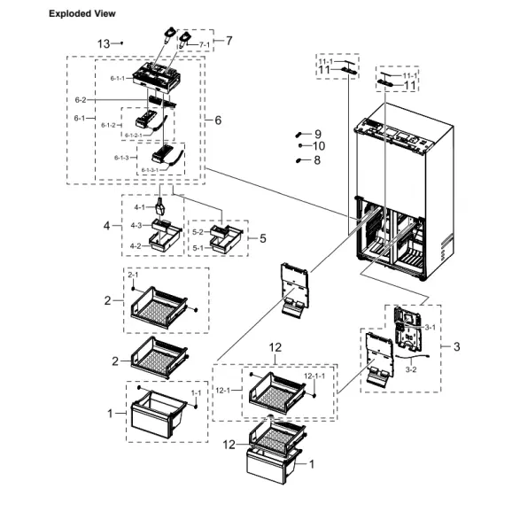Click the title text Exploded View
click(x=81, y=14)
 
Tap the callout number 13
click(x=104, y=43)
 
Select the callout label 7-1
click(x=204, y=44)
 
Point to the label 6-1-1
click(x=119, y=78)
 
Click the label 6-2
click(x=80, y=99)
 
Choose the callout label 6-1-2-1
click(x=133, y=135)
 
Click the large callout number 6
click(x=218, y=120)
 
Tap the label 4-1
click(x=139, y=207)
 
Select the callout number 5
click(x=262, y=237)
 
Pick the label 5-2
click(x=199, y=231)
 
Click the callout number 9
click(x=317, y=133)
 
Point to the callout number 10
click(x=319, y=145)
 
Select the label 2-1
click(x=133, y=276)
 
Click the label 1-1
click(x=197, y=391)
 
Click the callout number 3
click(x=456, y=346)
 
